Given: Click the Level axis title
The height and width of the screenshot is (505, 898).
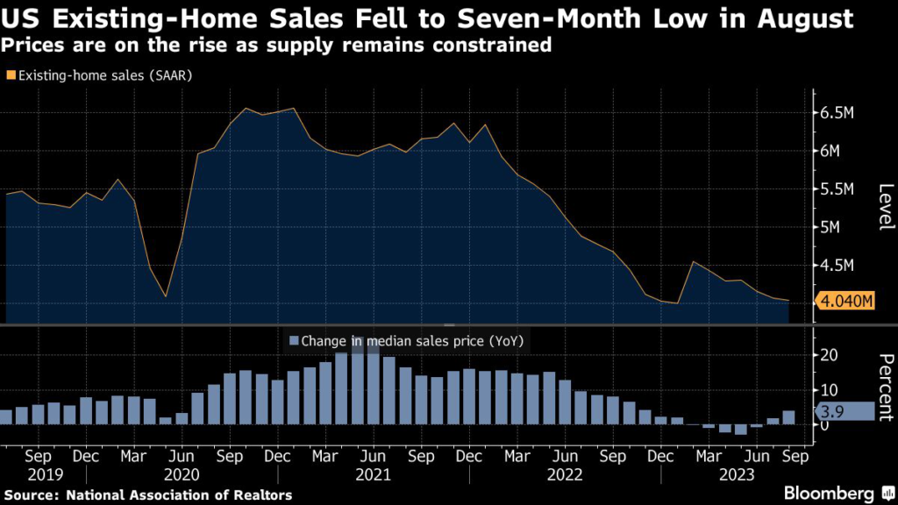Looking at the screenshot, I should pyautogui.click(x=885, y=207).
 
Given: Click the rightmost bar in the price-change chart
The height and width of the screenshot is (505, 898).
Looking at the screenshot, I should pyautogui.click(x=788, y=417).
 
